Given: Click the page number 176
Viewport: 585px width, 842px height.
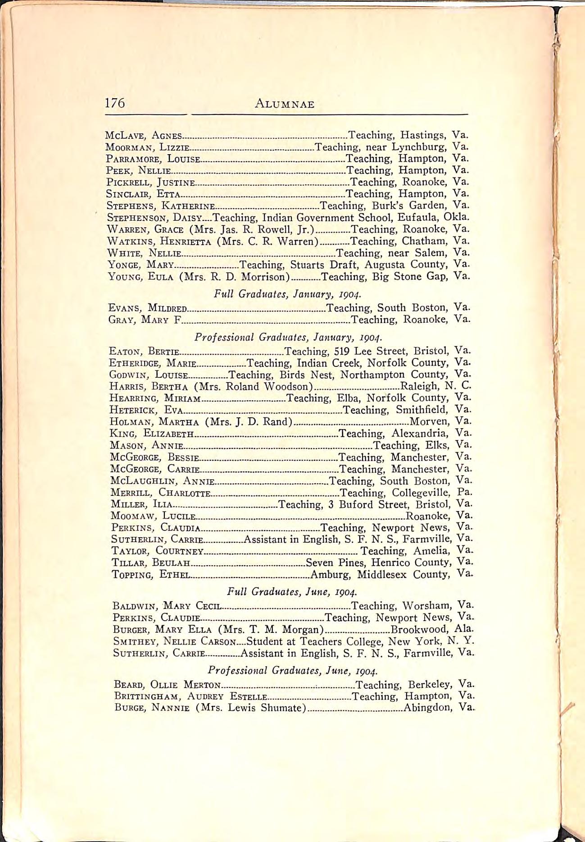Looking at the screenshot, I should pos(115,103).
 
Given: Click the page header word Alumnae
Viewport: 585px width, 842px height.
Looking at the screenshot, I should pos(284,105).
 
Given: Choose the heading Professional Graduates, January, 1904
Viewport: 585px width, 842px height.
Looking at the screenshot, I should pos(288,337).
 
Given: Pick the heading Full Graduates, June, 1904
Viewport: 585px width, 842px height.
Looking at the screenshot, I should pos(292,591).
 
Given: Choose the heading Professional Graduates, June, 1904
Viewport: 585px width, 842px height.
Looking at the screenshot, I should pos(293,670).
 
